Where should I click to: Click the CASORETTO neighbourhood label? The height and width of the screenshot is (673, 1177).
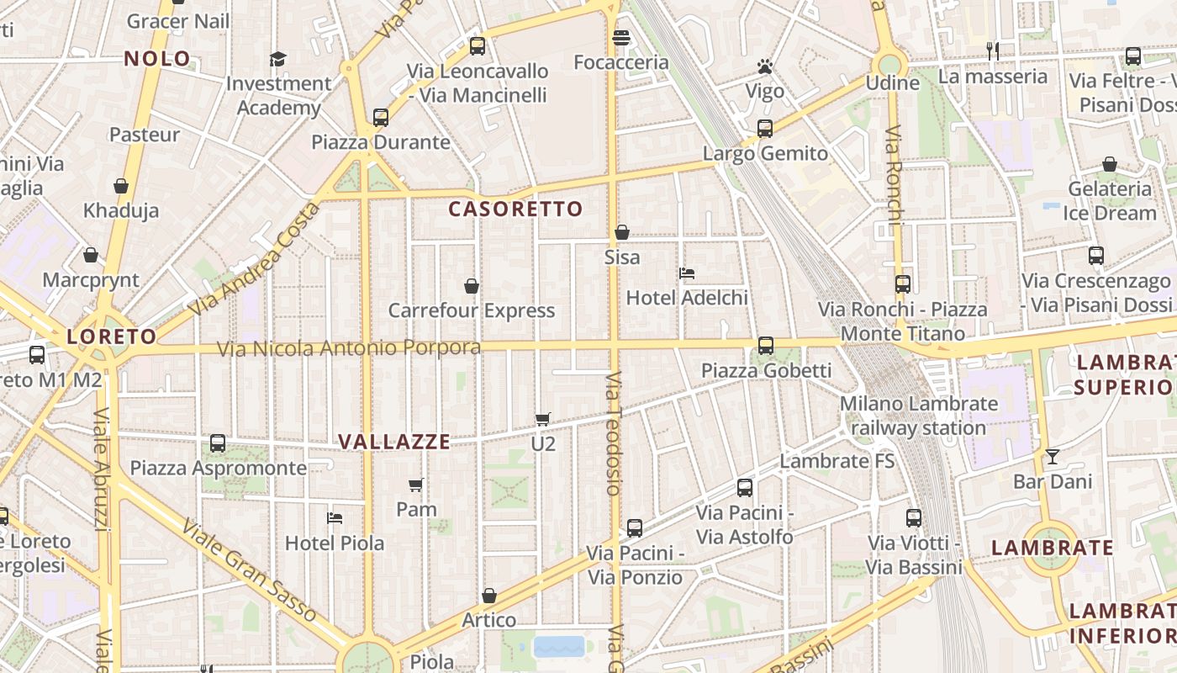pyautogui.click(x=515, y=209)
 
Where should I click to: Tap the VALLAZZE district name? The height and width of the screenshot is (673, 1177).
pyautogui.click(x=394, y=442)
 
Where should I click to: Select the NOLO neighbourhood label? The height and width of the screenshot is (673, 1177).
pyautogui.click(x=157, y=59)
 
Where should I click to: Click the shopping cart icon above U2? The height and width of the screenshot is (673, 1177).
pyautogui.click(x=543, y=419)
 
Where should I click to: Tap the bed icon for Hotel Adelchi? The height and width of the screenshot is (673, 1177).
pyautogui.click(x=687, y=273)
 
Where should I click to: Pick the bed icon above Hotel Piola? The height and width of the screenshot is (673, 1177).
pyautogui.click(x=335, y=518)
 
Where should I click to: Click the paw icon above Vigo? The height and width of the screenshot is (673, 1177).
pyautogui.click(x=764, y=66)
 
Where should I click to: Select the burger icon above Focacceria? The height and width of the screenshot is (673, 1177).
pyautogui.click(x=621, y=38)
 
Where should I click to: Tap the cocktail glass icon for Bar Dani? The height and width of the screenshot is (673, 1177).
pyautogui.click(x=1052, y=457)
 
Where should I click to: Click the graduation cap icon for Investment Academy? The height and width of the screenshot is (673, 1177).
pyautogui.click(x=278, y=59)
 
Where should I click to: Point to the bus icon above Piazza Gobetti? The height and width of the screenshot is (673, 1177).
pyautogui.click(x=766, y=346)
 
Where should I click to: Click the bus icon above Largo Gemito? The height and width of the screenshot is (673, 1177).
pyautogui.click(x=765, y=129)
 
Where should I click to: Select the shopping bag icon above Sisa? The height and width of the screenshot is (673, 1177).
pyautogui.click(x=622, y=232)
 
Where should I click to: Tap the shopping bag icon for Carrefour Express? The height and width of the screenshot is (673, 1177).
pyautogui.click(x=472, y=287)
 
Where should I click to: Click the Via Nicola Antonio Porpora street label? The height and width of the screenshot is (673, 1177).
pyautogui.click(x=349, y=348)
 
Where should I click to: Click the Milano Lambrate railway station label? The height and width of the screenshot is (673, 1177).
pyautogui.click(x=919, y=416)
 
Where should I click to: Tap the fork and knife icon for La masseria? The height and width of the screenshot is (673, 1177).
pyautogui.click(x=993, y=51)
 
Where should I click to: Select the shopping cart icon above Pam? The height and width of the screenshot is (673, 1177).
pyautogui.click(x=415, y=485)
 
